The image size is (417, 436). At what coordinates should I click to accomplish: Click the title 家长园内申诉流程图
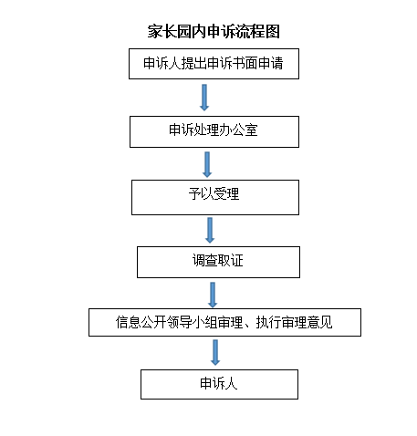coord(214,32)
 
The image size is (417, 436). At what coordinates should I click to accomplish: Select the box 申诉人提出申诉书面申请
coord(214,64)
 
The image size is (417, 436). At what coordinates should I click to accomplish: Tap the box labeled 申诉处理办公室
coord(214,131)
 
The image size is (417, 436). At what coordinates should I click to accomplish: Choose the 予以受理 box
coord(215,197)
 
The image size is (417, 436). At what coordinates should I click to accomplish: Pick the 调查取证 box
coord(218,262)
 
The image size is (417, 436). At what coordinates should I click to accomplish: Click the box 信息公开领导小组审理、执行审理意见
coord(224,322)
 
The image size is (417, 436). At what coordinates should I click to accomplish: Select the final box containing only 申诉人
coord(219,384)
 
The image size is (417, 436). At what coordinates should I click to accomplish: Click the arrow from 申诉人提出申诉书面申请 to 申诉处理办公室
coord(204,98)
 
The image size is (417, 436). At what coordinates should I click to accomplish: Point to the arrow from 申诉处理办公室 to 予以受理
coord(207,164)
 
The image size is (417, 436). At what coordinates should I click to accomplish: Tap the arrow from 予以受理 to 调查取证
coord(210,230)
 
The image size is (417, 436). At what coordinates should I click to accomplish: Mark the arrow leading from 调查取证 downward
coord(213,295)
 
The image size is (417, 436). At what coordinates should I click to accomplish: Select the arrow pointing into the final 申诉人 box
coord(215,352)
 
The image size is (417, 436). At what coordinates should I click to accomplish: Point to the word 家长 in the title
coord(162,32)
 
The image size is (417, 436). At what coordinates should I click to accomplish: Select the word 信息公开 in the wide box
coord(141,322)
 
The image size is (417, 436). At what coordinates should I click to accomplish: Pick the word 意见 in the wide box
coord(319,322)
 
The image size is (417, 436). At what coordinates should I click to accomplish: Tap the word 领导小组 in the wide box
coord(192,322)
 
